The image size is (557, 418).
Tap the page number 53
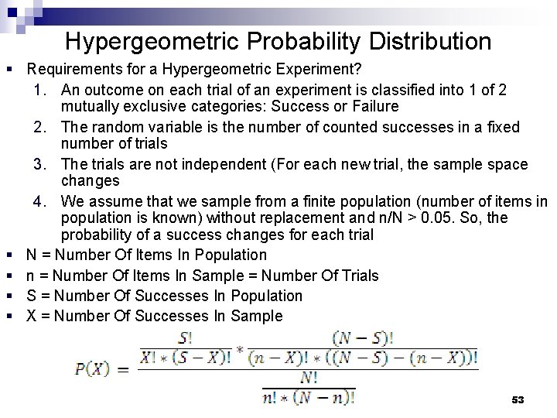[518, 399]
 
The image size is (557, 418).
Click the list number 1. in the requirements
[43, 91]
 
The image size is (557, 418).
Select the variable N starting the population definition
[32, 255]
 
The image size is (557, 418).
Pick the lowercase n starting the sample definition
[31, 275]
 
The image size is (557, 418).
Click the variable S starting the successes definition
[31, 295]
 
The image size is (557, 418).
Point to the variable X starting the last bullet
[31, 316]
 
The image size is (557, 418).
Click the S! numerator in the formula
[186, 338]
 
